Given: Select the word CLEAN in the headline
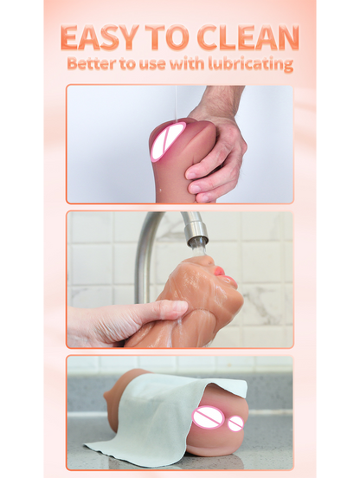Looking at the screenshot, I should (x=247, y=38).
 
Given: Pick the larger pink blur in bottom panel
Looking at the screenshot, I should (x=208, y=418).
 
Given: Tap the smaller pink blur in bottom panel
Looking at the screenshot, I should (x=235, y=423).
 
